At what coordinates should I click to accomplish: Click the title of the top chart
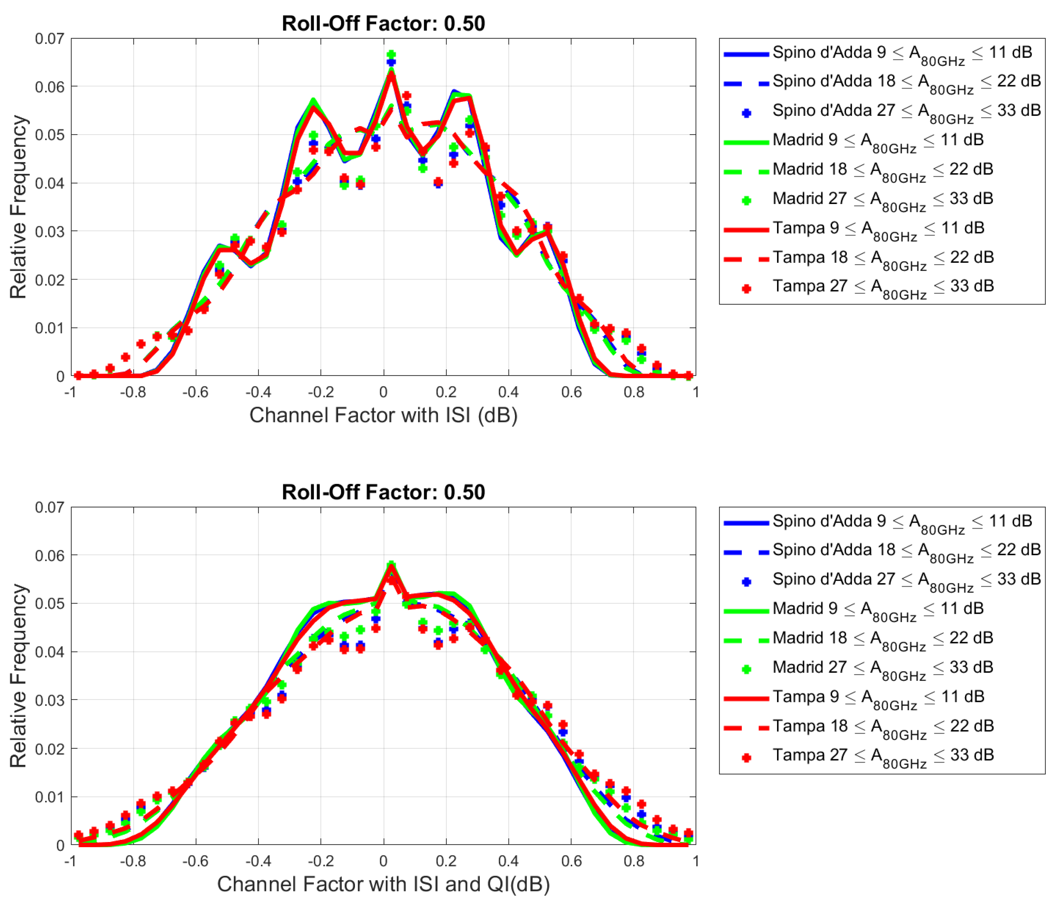(383, 23)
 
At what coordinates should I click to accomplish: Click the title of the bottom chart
(383, 492)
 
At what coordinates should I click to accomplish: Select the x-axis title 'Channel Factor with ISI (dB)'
(383, 415)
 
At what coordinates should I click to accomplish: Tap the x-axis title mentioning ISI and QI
(383, 883)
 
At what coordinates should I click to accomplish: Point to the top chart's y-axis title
(18, 207)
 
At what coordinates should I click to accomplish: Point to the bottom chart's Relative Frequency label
(18, 675)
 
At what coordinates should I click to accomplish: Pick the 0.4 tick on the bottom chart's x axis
(508, 861)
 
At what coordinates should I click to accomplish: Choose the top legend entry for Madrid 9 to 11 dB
(878, 140)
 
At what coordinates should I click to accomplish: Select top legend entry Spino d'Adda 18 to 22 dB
(906, 82)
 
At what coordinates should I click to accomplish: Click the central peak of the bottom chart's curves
(391, 567)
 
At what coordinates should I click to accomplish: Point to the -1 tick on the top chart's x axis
(70, 392)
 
